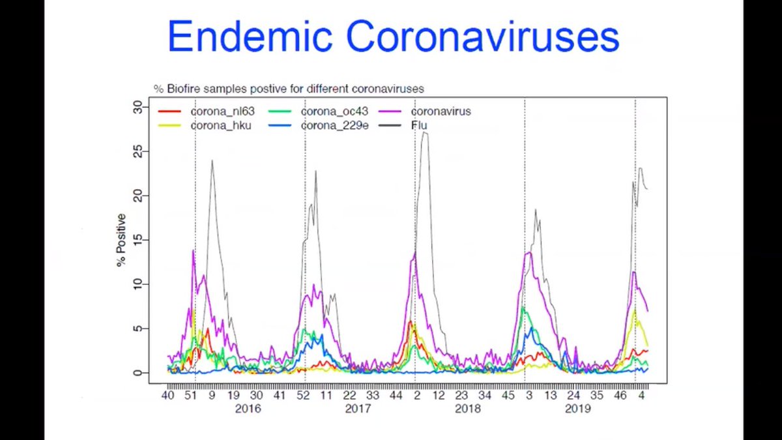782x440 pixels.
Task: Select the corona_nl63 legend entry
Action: (222, 111)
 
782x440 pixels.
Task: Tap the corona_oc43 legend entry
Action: (334, 111)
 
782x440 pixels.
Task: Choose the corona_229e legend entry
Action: (334, 125)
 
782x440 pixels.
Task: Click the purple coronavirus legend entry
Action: (441, 111)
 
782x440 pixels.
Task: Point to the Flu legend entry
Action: (419, 125)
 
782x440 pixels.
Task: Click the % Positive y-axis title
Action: (121, 240)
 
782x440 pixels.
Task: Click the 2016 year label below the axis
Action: (248, 409)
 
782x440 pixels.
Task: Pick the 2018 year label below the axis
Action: (468, 409)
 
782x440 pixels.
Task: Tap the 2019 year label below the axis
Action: (577, 409)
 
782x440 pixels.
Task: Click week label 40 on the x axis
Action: (168, 395)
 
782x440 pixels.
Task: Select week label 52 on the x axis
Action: (303, 395)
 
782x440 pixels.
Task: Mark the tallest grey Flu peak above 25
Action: (424, 133)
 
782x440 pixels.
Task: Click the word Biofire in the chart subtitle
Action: (184, 88)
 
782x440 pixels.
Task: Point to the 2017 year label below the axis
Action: (358, 409)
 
